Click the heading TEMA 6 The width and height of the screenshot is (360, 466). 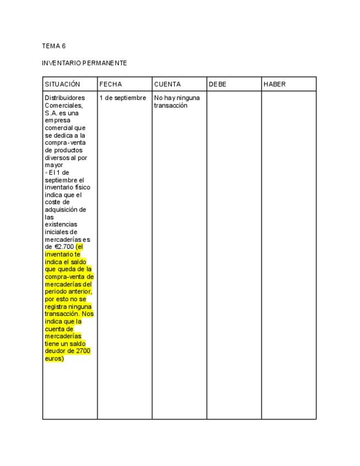(54, 46)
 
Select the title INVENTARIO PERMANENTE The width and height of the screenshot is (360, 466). (84, 63)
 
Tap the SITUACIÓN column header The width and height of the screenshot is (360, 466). (62, 85)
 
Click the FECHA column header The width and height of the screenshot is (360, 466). (110, 85)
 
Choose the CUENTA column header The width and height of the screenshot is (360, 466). (167, 85)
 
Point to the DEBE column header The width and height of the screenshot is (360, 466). (218, 85)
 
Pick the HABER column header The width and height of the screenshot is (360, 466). (275, 85)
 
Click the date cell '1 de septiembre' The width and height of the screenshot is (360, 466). (123, 98)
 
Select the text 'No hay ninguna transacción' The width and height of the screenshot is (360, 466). (176, 102)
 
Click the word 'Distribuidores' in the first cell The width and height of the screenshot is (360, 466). (65, 98)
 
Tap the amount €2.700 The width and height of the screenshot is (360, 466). (64, 247)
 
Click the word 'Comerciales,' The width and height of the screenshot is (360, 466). (64, 106)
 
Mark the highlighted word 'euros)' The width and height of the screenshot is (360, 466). (54, 358)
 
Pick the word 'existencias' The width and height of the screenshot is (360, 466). (61, 225)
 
